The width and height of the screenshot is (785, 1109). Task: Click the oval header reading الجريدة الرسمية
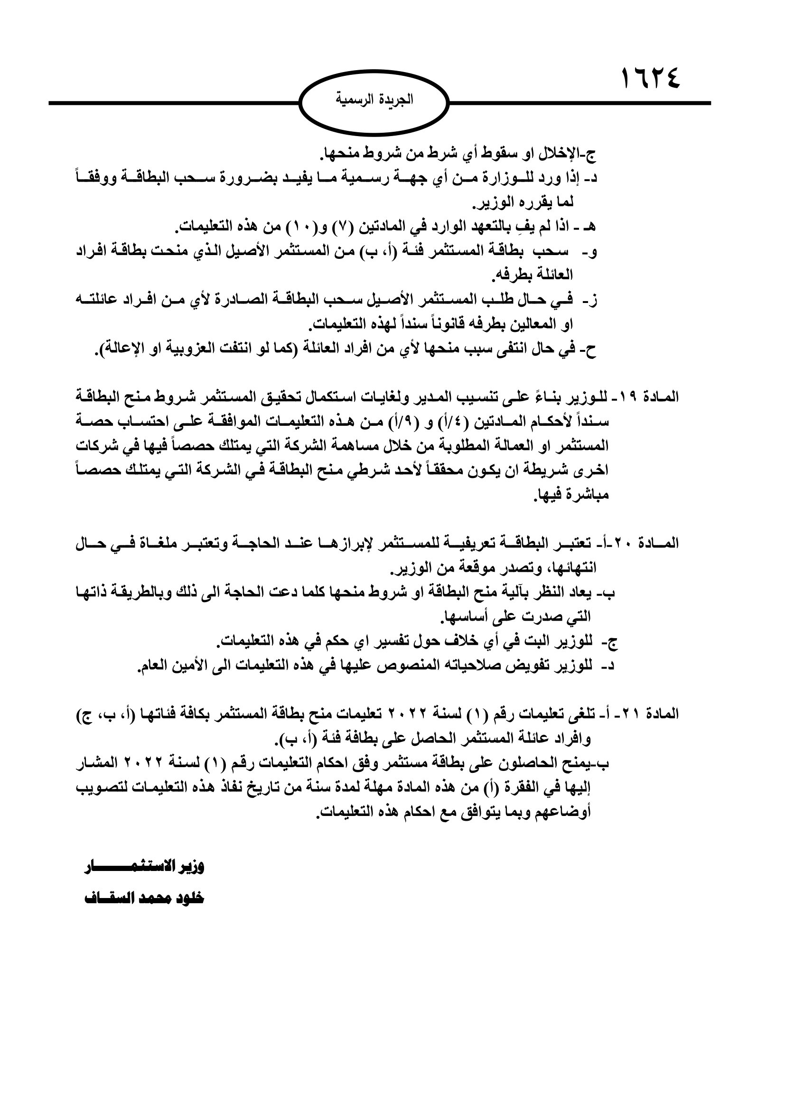point(374,102)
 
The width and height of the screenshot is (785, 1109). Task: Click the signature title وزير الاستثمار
point(145,866)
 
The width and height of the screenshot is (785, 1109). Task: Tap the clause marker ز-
point(591,300)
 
